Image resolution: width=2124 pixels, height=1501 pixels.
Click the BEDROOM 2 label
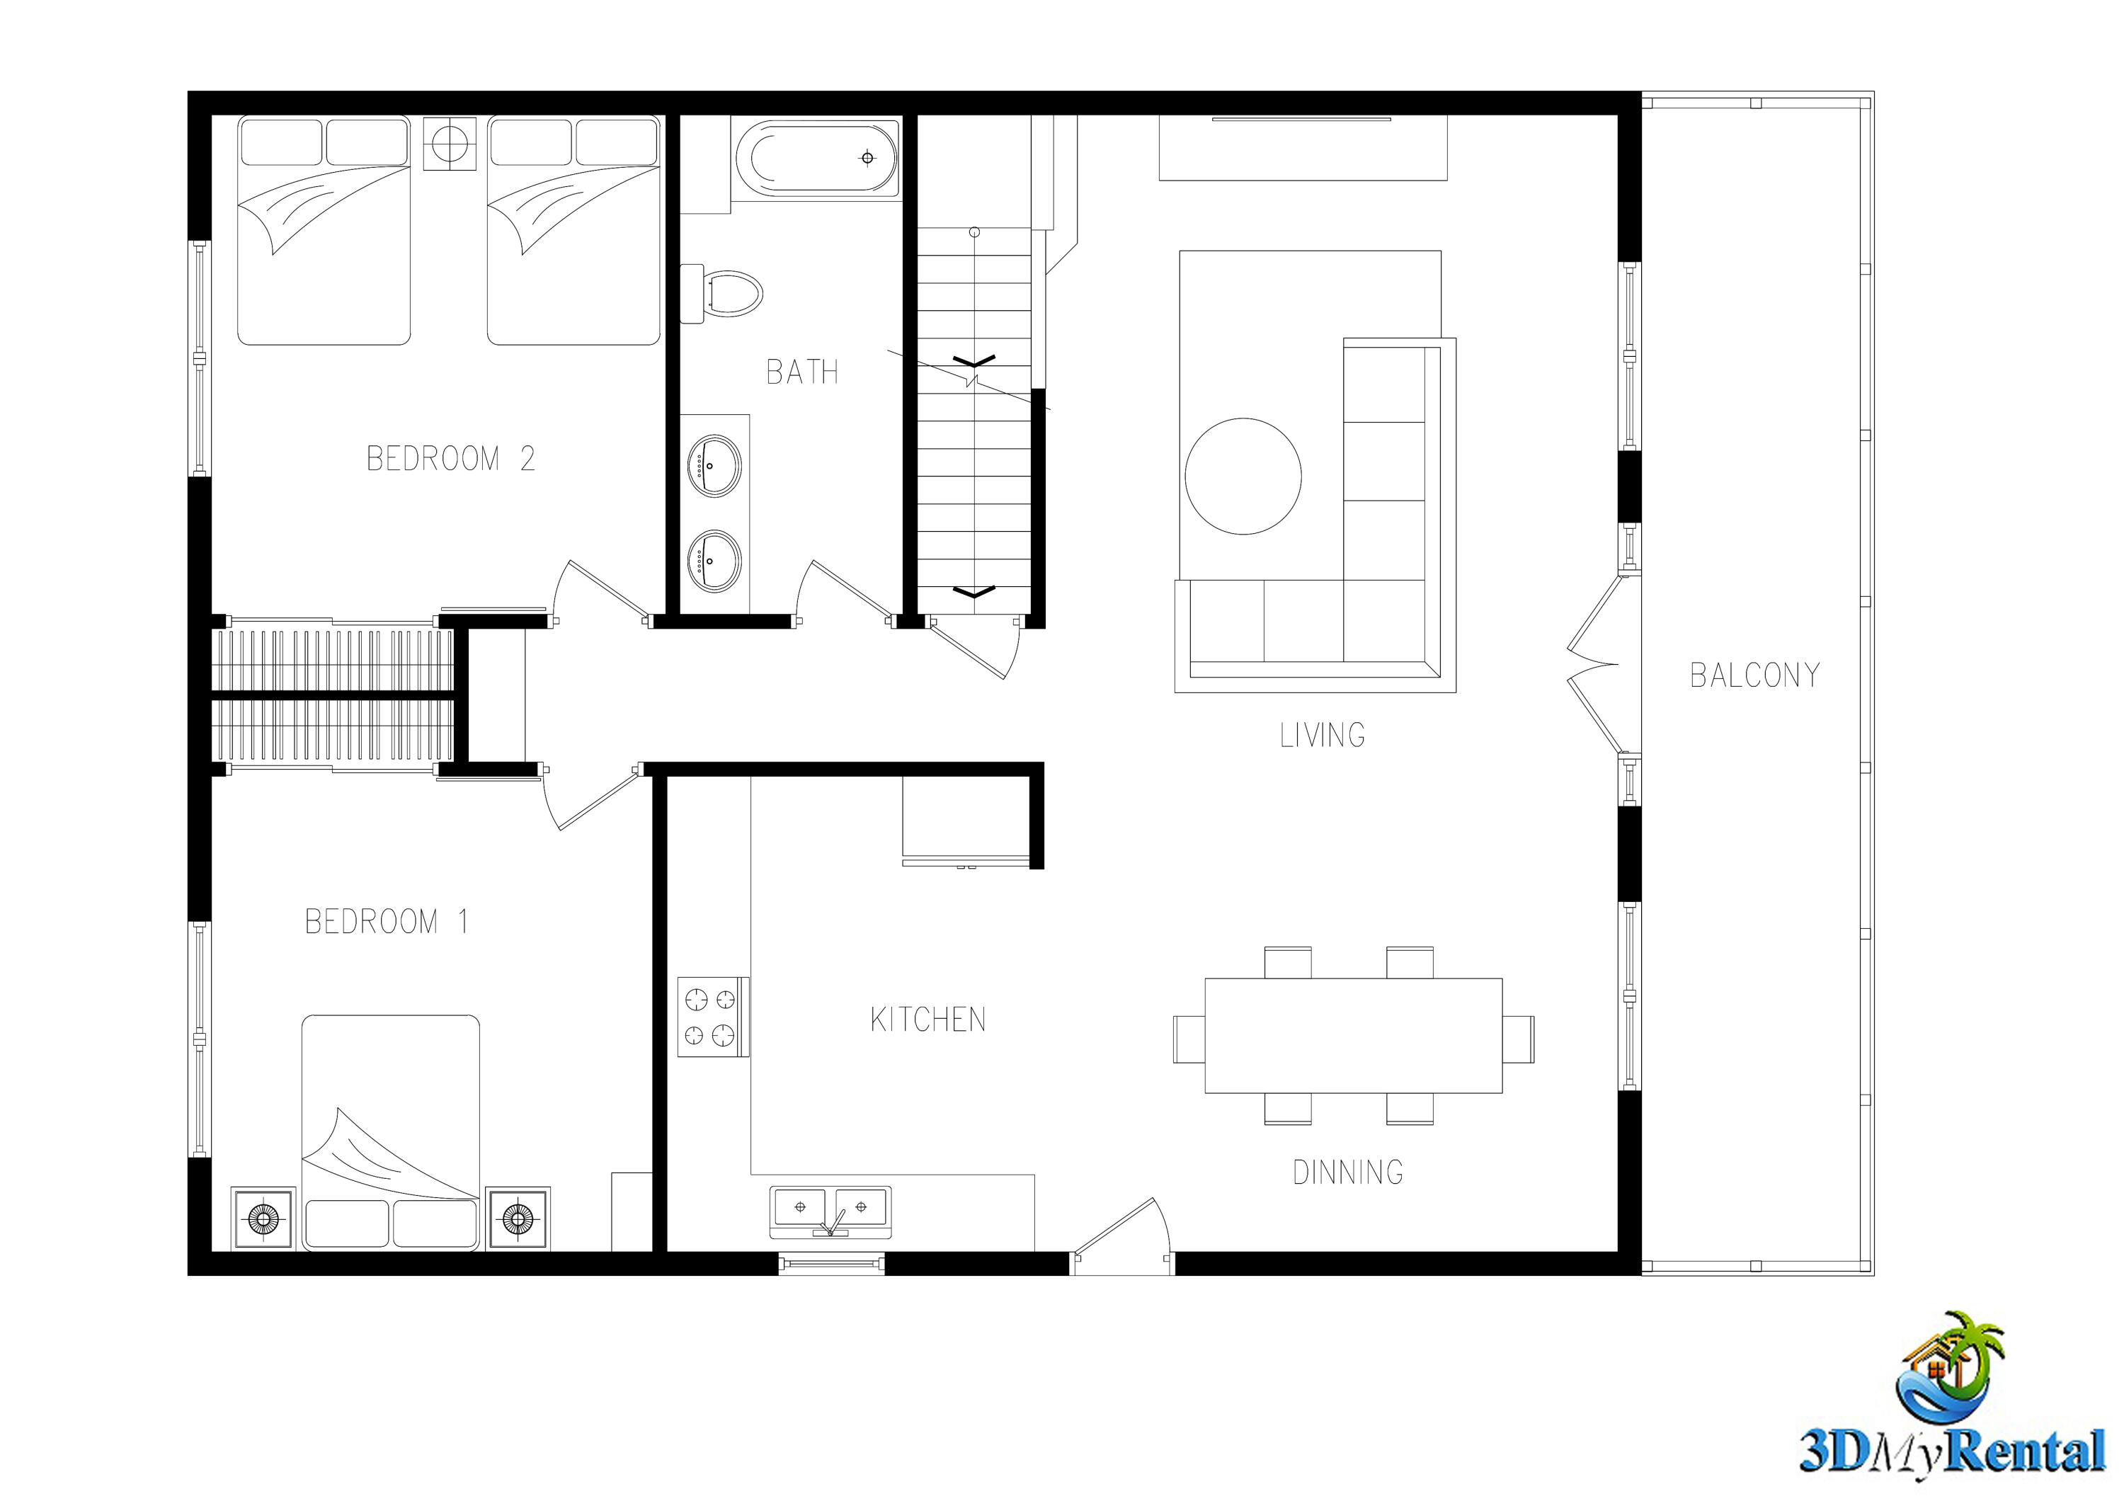(450, 459)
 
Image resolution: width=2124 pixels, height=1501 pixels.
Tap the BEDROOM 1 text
(387, 921)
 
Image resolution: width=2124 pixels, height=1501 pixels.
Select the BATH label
(802, 372)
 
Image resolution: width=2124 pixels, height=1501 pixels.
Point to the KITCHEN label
(928, 1019)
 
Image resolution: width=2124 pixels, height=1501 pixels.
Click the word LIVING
(1322, 735)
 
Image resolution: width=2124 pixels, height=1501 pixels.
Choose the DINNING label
(1348, 1172)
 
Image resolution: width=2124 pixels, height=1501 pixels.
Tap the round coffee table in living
(1243, 476)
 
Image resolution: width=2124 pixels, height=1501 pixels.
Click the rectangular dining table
(1352, 1035)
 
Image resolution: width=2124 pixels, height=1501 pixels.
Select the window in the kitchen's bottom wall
(830, 1262)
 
